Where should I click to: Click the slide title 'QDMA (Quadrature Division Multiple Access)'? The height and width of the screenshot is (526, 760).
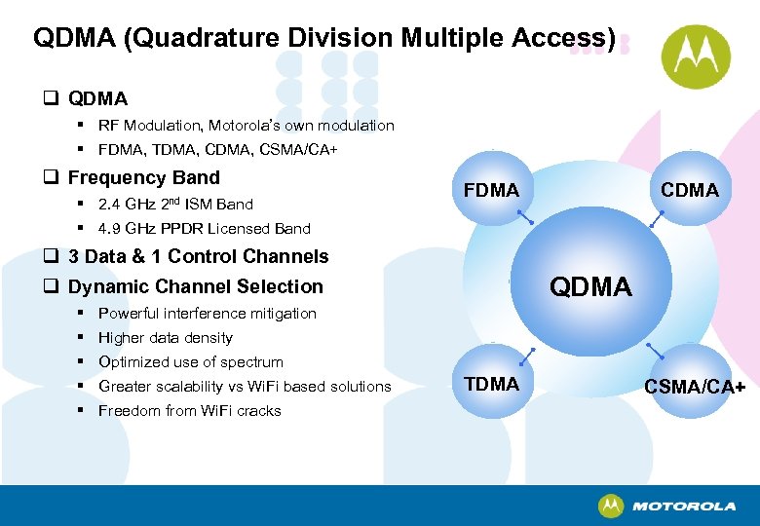[324, 38]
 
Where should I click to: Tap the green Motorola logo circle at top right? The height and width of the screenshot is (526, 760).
[696, 56]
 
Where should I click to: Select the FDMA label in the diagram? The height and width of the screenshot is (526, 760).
[492, 190]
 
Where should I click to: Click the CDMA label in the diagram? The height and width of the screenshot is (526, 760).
[689, 190]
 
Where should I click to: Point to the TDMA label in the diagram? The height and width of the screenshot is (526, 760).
[492, 384]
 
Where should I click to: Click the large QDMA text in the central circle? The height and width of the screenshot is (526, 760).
[590, 286]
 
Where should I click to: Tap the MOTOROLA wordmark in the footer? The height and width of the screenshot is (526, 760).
[683, 507]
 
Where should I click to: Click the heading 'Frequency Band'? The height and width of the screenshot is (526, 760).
[143, 178]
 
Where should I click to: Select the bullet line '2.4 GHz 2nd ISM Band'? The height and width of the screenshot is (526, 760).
[175, 205]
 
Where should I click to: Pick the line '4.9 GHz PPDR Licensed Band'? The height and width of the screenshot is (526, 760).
[204, 229]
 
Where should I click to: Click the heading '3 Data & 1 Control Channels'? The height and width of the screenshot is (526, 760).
[198, 257]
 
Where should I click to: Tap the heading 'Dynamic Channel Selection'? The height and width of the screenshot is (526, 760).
[195, 286]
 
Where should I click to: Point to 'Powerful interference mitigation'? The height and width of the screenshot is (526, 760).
[207, 314]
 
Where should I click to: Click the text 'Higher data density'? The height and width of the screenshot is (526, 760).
[166, 338]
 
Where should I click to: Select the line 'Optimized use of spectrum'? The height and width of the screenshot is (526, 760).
[191, 362]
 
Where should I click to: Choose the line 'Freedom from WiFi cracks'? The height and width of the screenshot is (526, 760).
[189, 411]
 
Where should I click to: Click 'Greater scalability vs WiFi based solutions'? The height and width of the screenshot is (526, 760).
[245, 387]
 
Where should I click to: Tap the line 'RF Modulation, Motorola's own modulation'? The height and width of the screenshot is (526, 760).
[246, 126]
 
